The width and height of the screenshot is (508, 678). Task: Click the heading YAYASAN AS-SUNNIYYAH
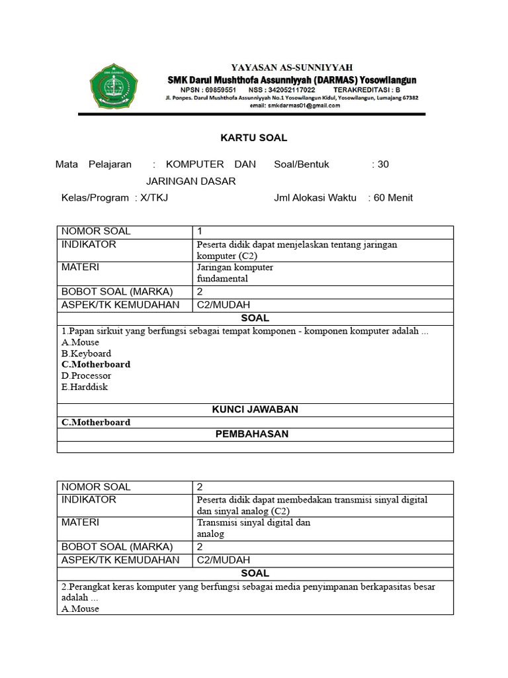tap(291, 68)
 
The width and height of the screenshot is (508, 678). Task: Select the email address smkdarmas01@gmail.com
tap(294, 105)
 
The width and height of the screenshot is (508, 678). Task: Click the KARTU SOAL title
tap(253, 138)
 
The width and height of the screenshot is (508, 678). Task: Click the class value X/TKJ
tap(154, 197)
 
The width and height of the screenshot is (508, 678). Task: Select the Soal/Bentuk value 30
tap(383, 164)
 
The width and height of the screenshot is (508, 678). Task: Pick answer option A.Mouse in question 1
tap(80, 342)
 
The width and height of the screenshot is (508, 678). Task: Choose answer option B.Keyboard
tap(86, 354)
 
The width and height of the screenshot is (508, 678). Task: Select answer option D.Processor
tap(86, 375)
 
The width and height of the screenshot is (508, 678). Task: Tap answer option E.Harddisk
tap(84, 387)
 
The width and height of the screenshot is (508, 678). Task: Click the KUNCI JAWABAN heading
tap(255, 409)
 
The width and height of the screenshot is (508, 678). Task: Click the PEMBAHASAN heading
tap(255, 434)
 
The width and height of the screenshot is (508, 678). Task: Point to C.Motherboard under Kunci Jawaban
tap(96, 422)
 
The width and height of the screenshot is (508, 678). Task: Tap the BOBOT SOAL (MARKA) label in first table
tap(116, 292)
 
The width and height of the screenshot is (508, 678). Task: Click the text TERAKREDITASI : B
tap(366, 89)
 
